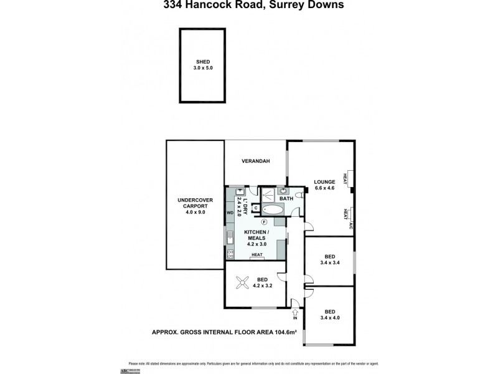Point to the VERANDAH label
pos(255,161)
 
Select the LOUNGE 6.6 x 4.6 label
pos(325,185)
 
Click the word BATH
pos(286,199)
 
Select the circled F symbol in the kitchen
pos(264,221)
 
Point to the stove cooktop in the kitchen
pos(230,253)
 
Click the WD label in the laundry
pos(230,212)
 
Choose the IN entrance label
pos(296,319)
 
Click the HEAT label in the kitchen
pos(256,255)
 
